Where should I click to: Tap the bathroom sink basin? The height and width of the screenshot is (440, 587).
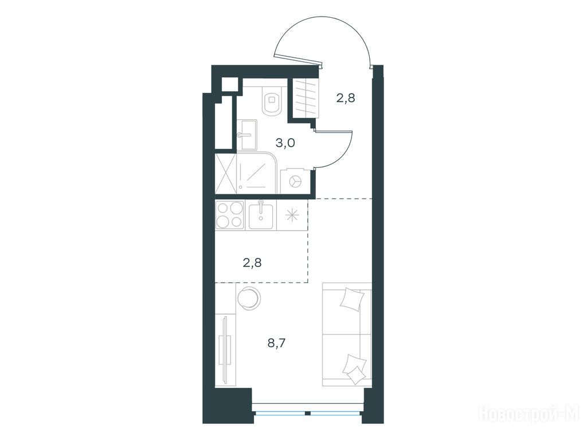pyautogui.click(x=246, y=134)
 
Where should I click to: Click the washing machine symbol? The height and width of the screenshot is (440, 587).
pyautogui.click(x=295, y=181)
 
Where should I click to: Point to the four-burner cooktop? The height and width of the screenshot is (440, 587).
pyautogui.click(x=229, y=215)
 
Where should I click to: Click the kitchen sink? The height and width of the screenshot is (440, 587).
pyautogui.click(x=261, y=215)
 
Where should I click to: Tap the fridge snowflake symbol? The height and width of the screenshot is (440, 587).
pyautogui.click(x=292, y=215)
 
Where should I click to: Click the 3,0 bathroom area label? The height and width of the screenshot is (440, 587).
pyautogui.click(x=285, y=143)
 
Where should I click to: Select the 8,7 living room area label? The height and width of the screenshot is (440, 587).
pyautogui.click(x=277, y=343)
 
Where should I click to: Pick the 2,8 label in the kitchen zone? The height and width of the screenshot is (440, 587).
pyautogui.click(x=252, y=262)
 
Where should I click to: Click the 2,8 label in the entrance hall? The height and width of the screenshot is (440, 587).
pyautogui.click(x=345, y=98)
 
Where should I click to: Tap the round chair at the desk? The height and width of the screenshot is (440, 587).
pyautogui.click(x=248, y=298)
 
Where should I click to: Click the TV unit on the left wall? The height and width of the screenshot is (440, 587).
pyautogui.click(x=225, y=349)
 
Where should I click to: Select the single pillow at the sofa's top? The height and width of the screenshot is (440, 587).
pyautogui.click(x=352, y=298)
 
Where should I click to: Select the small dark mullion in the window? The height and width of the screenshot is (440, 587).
pyautogui.click(x=307, y=414)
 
